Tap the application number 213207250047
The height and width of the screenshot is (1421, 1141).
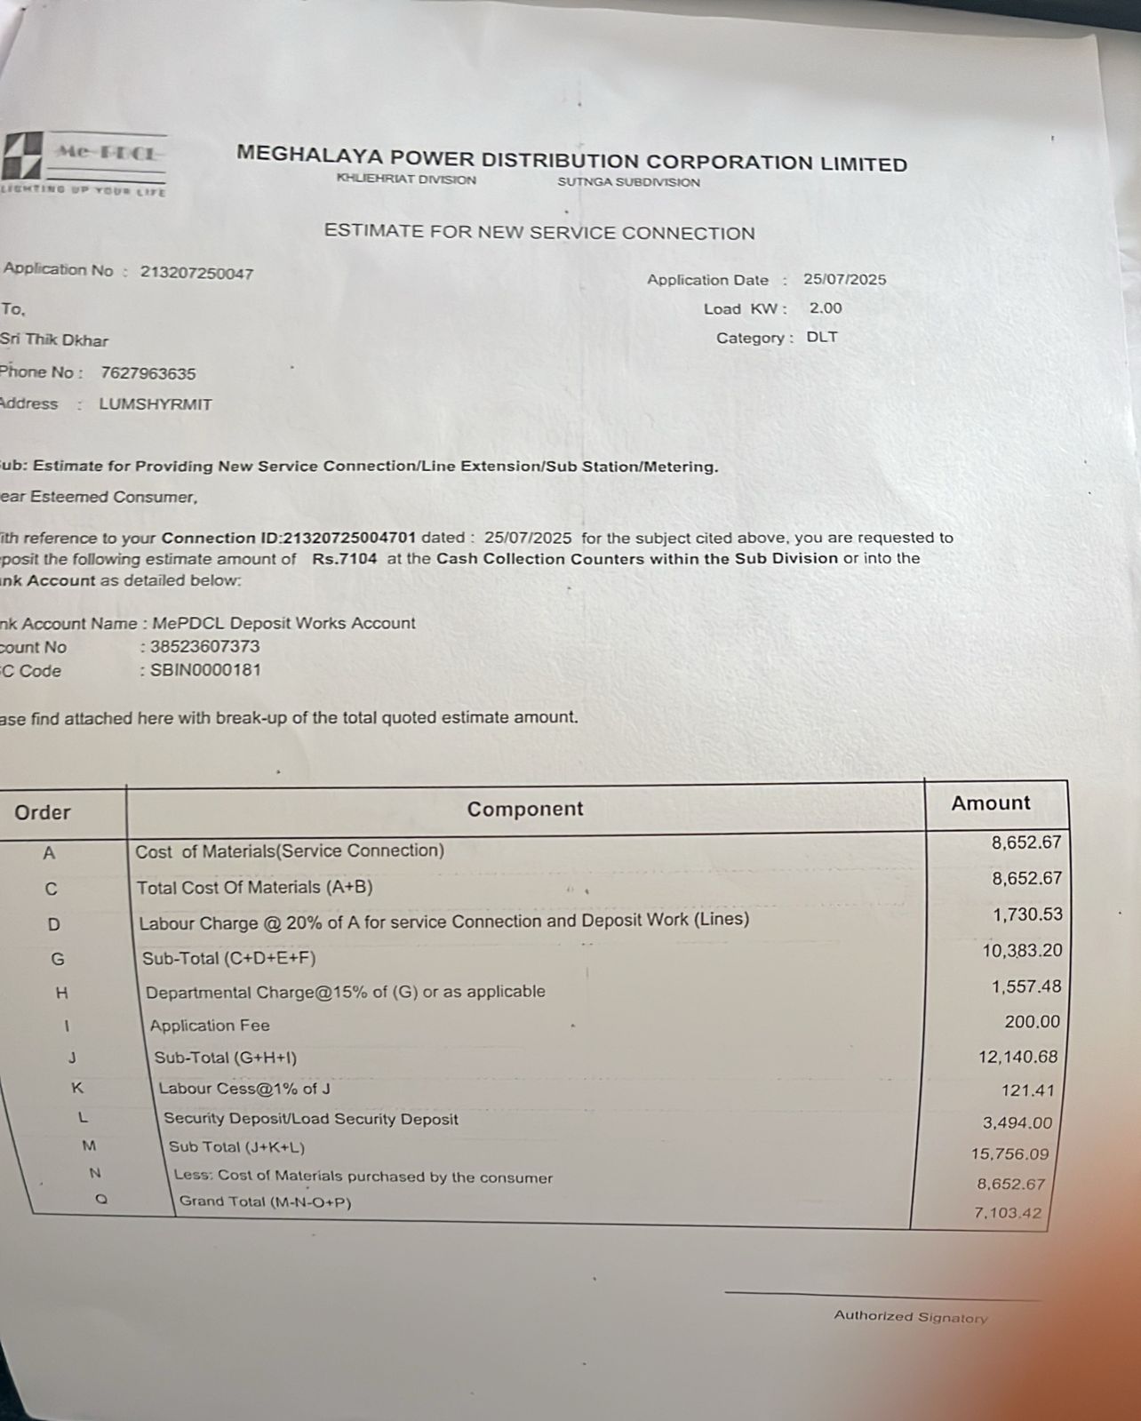(x=196, y=273)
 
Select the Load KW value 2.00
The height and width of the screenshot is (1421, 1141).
(x=826, y=308)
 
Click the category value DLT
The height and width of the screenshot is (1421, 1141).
(x=822, y=338)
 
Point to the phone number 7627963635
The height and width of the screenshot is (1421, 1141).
(x=148, y=373)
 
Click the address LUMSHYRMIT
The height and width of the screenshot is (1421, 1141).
(x=156, y=404)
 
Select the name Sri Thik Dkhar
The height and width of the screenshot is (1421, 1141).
(x=55, y=339)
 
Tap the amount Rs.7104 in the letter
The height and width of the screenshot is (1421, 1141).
(x=344, y=559)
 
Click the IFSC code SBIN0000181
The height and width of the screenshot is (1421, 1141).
(x=205, y=670)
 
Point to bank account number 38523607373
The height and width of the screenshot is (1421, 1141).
(x=204, y=647)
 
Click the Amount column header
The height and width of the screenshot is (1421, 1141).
(x=991, y=803)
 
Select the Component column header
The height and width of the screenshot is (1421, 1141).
(x=525, y=809)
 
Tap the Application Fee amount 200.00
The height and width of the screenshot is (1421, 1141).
(x=1032, y=1022)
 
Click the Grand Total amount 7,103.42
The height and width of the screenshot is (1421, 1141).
(x=1007, y=1213)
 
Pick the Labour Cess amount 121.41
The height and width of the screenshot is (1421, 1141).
(x=1029, y=1090)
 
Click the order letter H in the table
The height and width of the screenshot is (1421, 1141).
(x=62, y=994)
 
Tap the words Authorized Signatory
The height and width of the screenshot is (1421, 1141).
(x=910, y=1317)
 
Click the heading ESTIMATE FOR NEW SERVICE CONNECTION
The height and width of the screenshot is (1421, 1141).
(x=539, y=233)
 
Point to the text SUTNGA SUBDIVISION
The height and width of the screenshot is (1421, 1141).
(x=628, y=182)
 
